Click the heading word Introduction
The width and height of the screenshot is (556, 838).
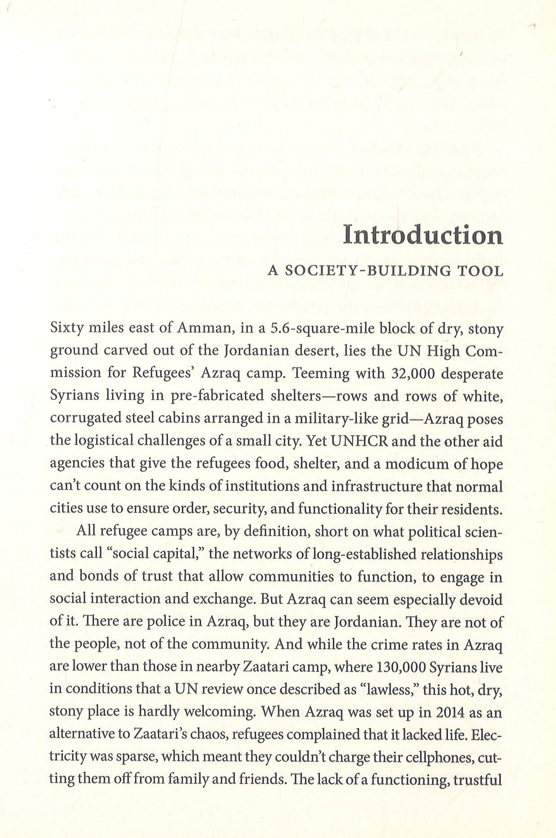click(423, 235)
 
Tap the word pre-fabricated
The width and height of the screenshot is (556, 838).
click(217, 396)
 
